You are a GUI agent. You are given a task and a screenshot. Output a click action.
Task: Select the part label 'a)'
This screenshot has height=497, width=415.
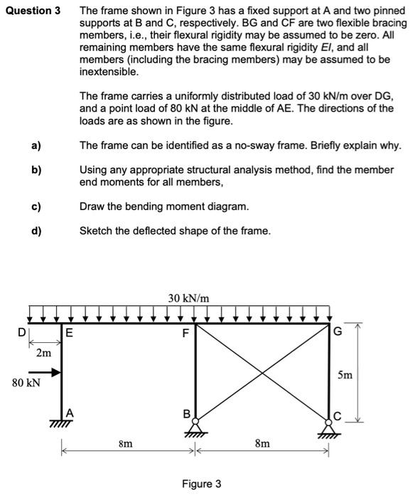point(35,146)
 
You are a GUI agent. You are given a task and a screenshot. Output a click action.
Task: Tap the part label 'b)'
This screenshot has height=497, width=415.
point(35,170)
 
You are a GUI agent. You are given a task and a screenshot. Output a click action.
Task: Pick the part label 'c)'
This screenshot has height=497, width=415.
point(35,206)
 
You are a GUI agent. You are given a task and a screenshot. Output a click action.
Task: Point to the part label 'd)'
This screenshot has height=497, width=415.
point(35,230)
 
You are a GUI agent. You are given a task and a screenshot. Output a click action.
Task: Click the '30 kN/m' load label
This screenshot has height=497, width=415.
point(189,299)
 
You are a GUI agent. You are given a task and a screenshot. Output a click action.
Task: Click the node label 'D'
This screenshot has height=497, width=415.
point(22,332)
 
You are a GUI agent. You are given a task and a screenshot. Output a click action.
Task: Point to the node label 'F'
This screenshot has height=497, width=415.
point(186,332)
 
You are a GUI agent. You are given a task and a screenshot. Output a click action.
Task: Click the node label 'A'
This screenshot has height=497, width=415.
point(69,413)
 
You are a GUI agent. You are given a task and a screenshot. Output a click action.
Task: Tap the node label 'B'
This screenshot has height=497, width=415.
point(187,413)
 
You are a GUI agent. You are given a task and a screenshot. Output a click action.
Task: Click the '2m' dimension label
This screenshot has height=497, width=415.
point(44,352)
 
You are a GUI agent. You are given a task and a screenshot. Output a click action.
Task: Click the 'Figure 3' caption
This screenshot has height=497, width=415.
point(201,484)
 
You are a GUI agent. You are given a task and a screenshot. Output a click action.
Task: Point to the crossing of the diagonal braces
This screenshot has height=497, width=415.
point(263,371)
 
